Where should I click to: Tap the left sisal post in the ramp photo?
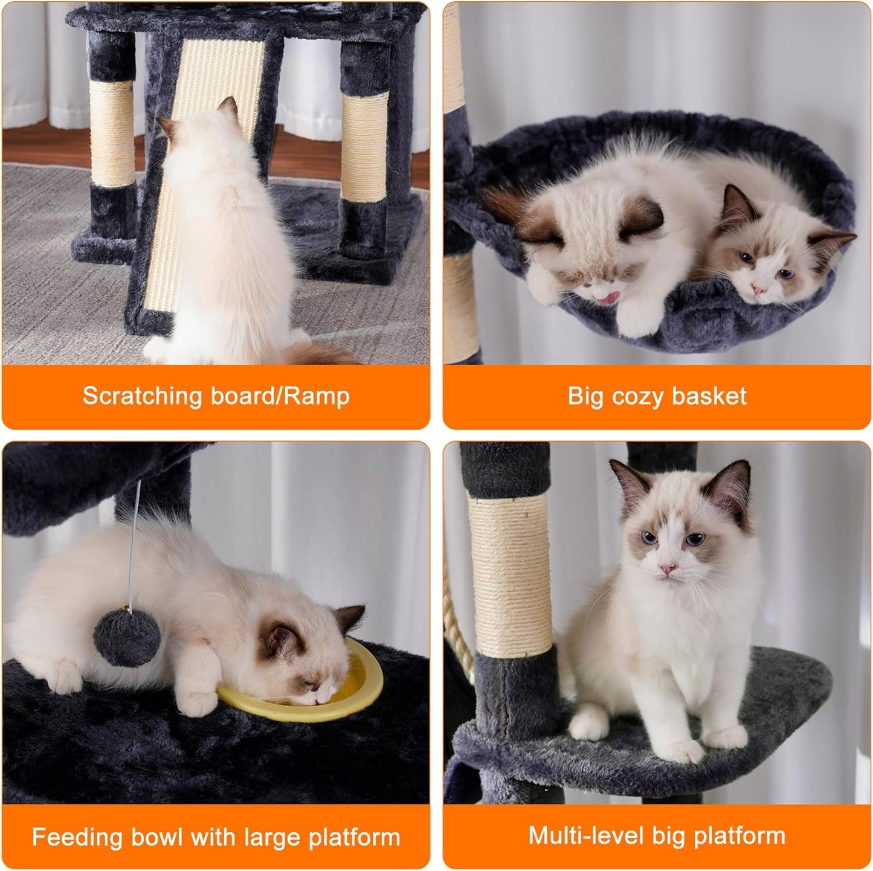pos(112,133)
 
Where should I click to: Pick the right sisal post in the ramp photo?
pos(364,148)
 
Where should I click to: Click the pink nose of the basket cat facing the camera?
pos(758,292)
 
